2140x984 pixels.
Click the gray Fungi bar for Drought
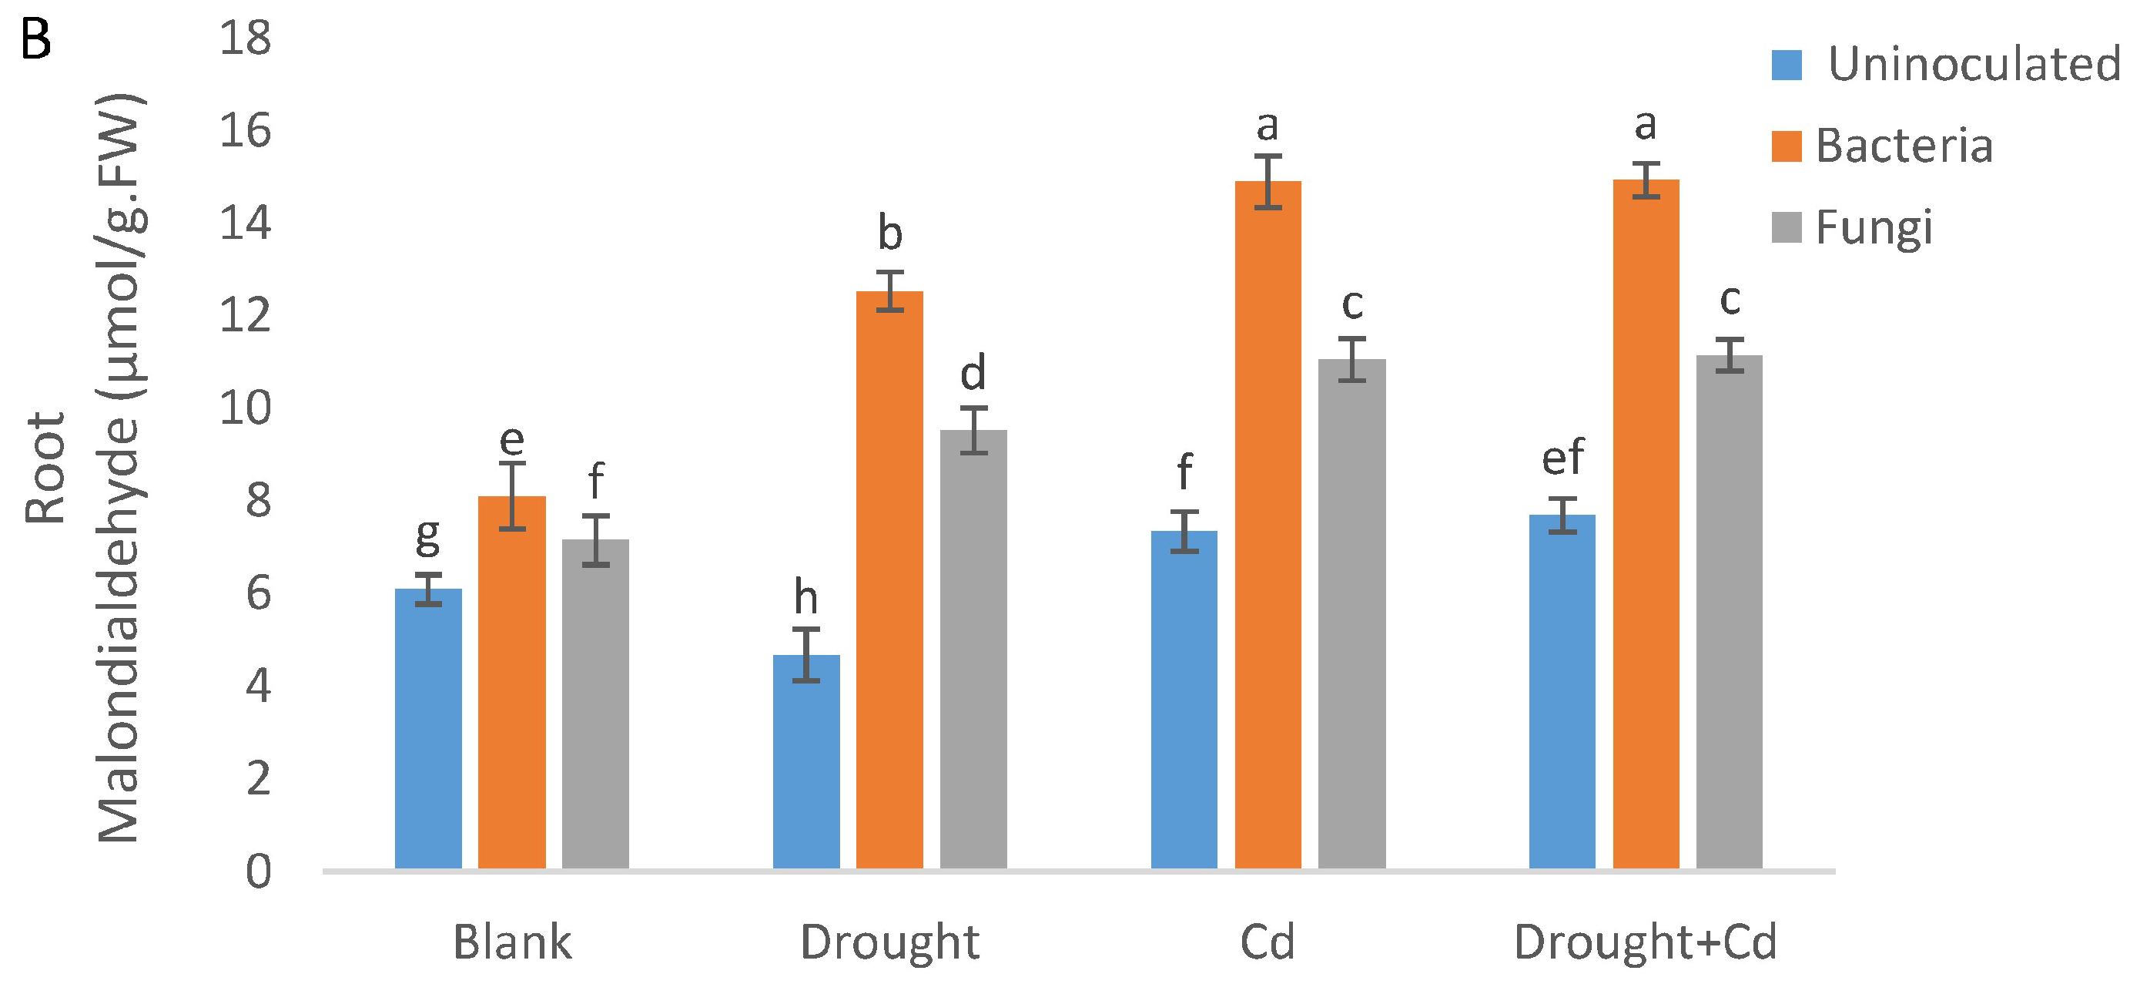(973, 649)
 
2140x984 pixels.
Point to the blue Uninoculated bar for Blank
(428, 729)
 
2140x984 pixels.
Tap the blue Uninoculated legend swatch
(1787, 65)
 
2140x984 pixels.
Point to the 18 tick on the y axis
(245, 39)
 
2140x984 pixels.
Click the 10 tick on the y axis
(245, 408)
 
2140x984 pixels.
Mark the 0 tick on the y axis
(259, 871)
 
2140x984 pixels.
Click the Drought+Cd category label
(1645, 942)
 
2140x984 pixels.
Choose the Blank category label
(512, 942)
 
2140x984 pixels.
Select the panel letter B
(35, 39)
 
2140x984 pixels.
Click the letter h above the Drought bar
(805, 596)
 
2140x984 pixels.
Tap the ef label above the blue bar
(1562, 457)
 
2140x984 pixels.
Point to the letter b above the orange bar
(889, 233)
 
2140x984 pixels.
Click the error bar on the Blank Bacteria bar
(512, 496)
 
